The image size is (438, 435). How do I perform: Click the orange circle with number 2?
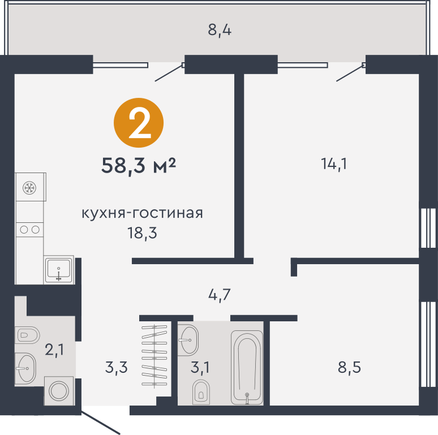click(139, 123)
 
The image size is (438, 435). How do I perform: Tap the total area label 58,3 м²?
click(139, 166)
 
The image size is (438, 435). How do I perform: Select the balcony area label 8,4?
click(220, 30)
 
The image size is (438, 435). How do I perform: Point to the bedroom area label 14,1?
click(334, 163)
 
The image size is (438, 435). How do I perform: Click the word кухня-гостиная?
click(142, 213)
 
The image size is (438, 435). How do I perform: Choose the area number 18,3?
click(142, 233)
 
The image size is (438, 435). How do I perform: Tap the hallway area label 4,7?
click(220, 295)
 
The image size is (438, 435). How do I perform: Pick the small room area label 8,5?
click(350, 367)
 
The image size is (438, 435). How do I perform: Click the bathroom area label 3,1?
click(200, 367)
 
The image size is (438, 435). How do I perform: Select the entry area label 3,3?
click(117, 367)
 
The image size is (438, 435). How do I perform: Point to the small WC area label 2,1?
click(54, 350)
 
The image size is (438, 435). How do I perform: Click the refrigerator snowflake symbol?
click(29, 188)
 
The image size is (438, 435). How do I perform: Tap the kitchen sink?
click(59, 270)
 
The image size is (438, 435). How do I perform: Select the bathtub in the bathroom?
click(247, 368)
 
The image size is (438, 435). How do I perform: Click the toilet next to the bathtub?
click(201, 392)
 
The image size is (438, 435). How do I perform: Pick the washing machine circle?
click(59, 391)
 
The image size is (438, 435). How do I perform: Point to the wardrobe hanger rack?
click(154, 356)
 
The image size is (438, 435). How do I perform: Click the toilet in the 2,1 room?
click(28, 335)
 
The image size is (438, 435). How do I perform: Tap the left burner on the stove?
click(24, 230)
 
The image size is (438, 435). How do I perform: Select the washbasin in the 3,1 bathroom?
click(188, 340)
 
